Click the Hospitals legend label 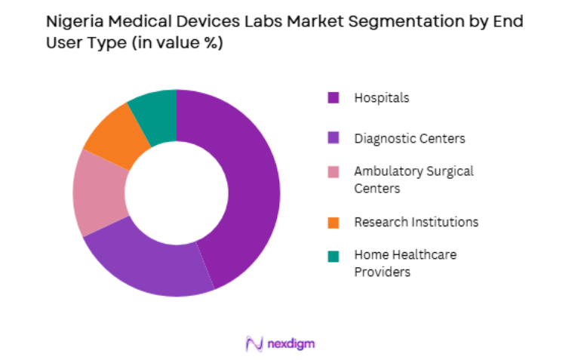pyautogui.click(x=381, y=97)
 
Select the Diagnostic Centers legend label pyautogui.click(x=409, y=138)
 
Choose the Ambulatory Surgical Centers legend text pyautogui.click(x=414, y=180)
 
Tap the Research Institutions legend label pyautogui.click(x=416, y=222)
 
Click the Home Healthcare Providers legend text pyautogui.click(x=405, y=263)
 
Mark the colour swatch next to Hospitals pyautogui.click(x=333, y=97)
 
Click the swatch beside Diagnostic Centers pyautogui.click(x=333, y=138)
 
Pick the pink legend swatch pyautogui.click(x=333, y=172)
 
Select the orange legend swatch pyautogui.click(x=333, y=222)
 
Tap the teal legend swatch pyautogui.click(x=333, y=256)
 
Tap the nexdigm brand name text pyautogui.click(x=291, y=344)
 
